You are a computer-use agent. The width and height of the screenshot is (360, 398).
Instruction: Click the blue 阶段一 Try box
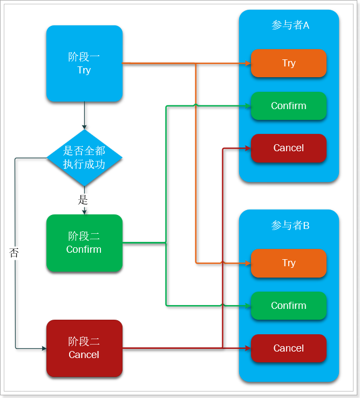click(x=84, y=63)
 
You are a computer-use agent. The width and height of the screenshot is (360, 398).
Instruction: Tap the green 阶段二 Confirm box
click(x=84, y=243)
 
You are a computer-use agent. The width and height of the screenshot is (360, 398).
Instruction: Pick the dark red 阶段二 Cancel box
click(x=84, y=348)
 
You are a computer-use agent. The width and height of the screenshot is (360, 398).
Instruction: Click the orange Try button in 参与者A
click(x=289, y=63)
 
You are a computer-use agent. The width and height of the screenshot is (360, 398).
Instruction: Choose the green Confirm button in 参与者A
click(x=289, y=106)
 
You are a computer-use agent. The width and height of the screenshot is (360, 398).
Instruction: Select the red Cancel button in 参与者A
click(x=289, y=148)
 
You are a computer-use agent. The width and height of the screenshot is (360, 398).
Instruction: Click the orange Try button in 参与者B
click(x=289, y=263)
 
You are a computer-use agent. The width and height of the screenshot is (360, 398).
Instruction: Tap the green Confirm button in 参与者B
click(x=289, y=306)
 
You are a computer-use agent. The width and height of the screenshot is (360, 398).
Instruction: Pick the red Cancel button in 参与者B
click(x=289, y=348)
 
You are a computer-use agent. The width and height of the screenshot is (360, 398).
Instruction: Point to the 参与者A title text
click(x=290, y=25)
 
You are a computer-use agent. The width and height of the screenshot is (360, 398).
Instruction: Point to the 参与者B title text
click(x=290, y=225)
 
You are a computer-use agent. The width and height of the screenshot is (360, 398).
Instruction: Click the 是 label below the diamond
click(x=83, y=200)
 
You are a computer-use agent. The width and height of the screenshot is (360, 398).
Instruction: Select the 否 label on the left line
click(x=14, y=252)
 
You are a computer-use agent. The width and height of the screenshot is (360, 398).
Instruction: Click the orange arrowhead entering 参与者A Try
click(x=248, y=63)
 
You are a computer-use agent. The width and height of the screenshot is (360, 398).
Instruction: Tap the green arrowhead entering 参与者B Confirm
click(x=248, y=306)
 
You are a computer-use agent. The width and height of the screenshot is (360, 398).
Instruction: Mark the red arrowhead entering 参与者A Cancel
click(x=248, y=148)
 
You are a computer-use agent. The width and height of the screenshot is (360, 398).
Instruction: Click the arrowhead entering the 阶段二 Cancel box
click(x=44, y=348)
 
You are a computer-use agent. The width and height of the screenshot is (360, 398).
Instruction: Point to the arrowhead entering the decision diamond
click(x=84, y=127)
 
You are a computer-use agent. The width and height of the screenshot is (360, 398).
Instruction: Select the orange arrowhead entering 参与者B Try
click(x=248, y=263)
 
